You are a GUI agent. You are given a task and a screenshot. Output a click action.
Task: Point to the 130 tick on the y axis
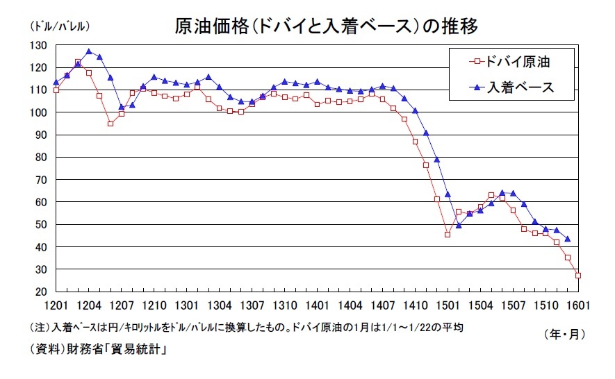click(38, 45)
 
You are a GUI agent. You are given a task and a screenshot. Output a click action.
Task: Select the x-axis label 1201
click(56, 305)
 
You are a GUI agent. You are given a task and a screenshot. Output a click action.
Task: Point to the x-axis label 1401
click(317, 305)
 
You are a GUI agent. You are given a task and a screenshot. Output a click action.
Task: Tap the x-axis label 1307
click(252, 305)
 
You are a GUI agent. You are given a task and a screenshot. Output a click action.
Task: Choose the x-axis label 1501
click(448, 305)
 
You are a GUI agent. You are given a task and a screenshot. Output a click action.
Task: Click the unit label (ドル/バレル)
click(60, 26)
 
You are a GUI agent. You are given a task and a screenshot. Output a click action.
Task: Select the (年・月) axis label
click(564, 334)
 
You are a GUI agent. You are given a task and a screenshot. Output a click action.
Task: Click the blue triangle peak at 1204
click(88, 51)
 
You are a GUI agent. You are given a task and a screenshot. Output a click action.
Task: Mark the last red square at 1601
click(578, 276)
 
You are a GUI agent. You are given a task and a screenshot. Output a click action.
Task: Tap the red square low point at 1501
click(448, 235)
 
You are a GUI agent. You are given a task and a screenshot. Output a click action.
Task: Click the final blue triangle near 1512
click(567, 239)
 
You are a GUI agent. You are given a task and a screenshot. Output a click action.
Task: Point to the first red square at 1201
click(56, 90)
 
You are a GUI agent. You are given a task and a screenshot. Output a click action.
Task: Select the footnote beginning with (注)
click(246, 327)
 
